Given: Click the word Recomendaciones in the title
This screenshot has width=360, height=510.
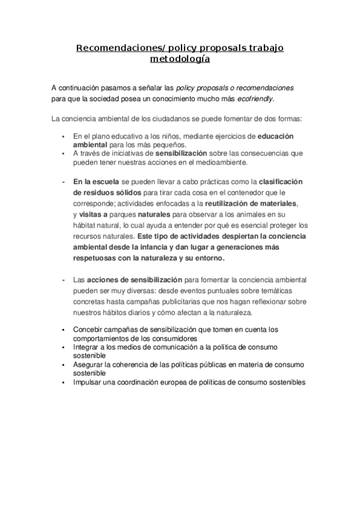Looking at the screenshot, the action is pyautogui.click(x=112, y=48).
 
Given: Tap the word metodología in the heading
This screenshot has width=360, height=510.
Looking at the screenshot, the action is pyautogui.click(x=180, y=60).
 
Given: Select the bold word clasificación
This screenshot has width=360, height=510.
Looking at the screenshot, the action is pyautogui.click(x=281, y=181).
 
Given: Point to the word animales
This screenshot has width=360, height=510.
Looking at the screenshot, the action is pyautogui.click(x=249, y=214).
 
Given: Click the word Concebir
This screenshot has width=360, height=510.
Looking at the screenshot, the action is pyautogui.click(x=88, y=330).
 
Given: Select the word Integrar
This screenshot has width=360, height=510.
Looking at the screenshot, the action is pyautogui.click(x=87, y=347).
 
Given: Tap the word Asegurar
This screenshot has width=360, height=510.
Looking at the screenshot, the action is pyautogui.click(x=89, y=364).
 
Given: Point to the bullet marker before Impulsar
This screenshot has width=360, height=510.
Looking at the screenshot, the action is pyautogui.click(x=64, y=382).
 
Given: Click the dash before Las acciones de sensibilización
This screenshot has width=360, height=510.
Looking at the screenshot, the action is pyautogui.click(x=64, y=280).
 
